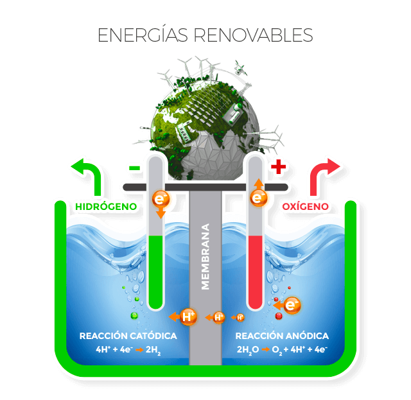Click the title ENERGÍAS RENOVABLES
(x=205, y=35)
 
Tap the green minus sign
(x=134, y=168)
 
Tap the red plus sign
(x=277, y=168)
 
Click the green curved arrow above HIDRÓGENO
(x=89, y=176)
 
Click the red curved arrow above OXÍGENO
(x=324, y=176)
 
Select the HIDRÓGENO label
(x=106, y=207)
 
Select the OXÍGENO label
(x=306, y=207)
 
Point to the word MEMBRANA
(x=205, y=257)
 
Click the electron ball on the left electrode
(x=161, y=200)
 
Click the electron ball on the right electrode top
(x=258, y=198)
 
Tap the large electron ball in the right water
(x=292, y=306)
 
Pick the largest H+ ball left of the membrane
(x=188, y=316)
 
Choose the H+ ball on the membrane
(x=218, y=317)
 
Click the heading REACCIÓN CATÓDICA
(x=128, y=336)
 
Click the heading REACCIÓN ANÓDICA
(x=282, y=336)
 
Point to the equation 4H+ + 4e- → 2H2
(x=128, y=350)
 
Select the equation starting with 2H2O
(x=282, y=350)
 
